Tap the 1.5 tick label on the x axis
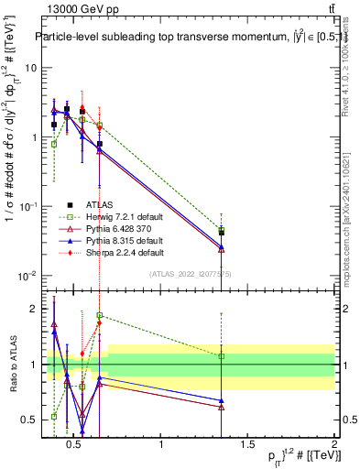point(247,445)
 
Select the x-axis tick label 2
point(333,445)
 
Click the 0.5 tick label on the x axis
point(76,445)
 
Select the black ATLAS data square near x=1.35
point(222,233)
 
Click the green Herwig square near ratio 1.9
point(99,315)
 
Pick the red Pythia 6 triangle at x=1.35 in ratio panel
point(222,407)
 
